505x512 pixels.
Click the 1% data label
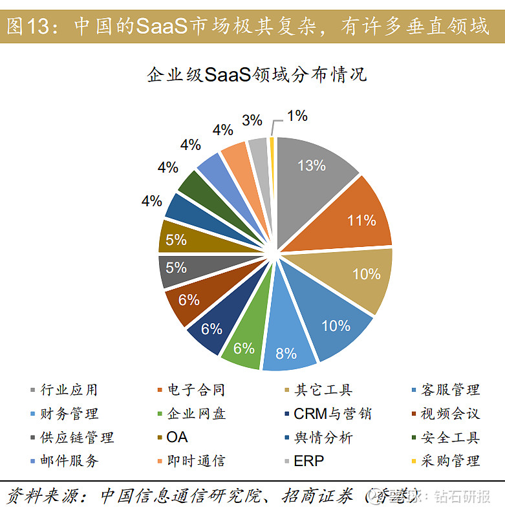297,116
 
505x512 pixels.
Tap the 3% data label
252,120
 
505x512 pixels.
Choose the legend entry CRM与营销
332,414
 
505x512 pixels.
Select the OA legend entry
177,438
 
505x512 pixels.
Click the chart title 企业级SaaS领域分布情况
257,74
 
